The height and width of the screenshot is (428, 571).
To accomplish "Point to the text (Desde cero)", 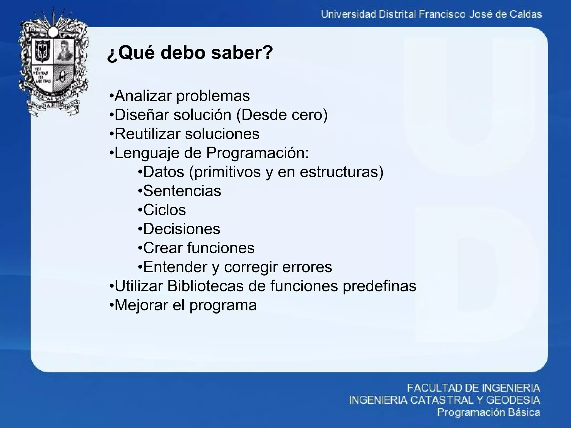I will [282, 115].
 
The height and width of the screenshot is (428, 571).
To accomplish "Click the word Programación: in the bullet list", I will [258, 153].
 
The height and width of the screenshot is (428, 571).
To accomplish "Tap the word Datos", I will [163, 172].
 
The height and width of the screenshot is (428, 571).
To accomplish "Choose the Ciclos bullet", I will [164, 210].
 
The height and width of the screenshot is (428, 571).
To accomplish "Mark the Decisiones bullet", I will [182, 229].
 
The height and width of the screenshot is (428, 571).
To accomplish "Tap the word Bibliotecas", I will [205, 286].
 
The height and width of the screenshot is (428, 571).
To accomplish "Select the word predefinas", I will [379, 286].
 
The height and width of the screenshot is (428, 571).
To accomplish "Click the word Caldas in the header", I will [526, 14].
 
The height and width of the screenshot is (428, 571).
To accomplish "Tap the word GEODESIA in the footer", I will [513, 400].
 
